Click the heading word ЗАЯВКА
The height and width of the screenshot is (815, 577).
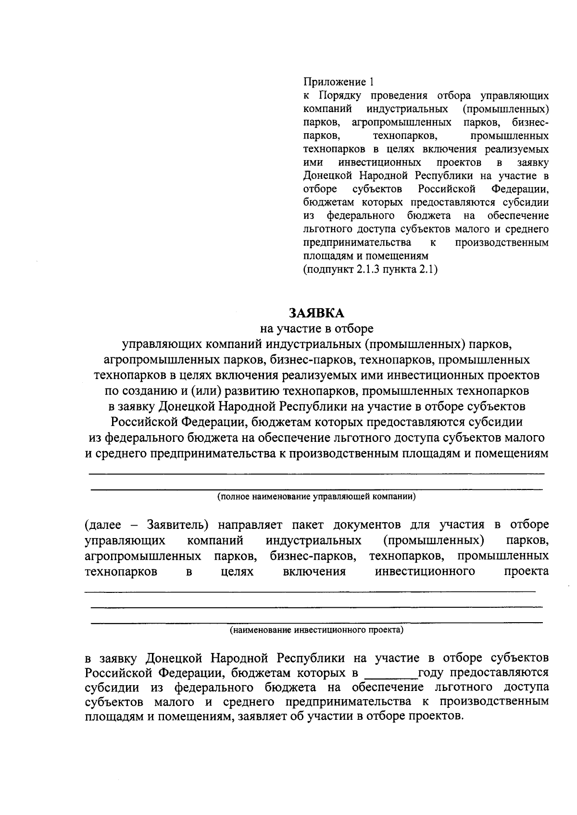(x=316, y=313)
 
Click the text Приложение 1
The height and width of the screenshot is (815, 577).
(x=338, y=81)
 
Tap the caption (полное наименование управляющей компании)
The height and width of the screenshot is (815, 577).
(x=316, y=496)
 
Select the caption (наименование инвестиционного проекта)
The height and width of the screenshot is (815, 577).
(x=316, y=629)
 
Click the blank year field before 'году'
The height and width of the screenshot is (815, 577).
(x=391, y=672)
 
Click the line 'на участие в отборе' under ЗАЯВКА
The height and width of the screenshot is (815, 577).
(x=316, y=329)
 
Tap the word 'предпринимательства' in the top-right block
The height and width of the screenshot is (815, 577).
(x=357, y=242)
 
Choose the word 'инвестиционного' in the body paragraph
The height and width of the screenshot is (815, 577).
(x=425, y=571)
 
